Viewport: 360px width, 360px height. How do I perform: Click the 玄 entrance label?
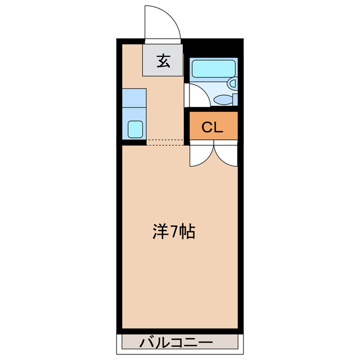click(163, 61)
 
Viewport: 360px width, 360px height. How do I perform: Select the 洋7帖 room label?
click(174, 232)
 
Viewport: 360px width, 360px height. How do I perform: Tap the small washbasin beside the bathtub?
click(232, 83)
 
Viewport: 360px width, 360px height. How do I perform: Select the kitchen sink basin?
click(135, 129)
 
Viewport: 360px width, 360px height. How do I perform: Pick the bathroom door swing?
click(195, 94)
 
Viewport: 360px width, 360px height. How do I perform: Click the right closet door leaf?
click(226, 156)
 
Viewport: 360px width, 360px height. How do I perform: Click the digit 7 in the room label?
click(174, 232)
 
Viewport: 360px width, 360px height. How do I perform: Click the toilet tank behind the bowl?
click(235, 100)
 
